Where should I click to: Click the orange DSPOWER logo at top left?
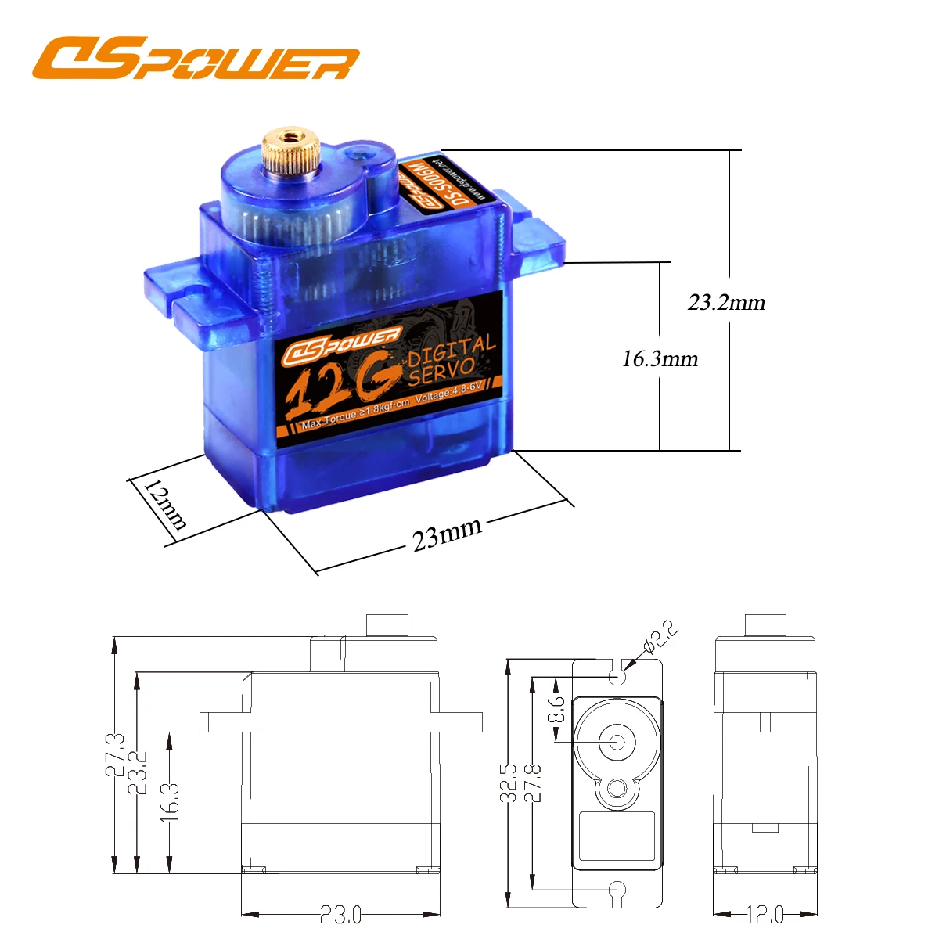click(x=196, y=59)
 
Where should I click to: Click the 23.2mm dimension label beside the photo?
click(x=726, y=302)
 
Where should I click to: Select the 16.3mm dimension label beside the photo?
click(x=660, y=358)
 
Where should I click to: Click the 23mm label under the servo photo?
click(x=447, y=534)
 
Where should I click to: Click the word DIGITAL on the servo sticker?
click(x=452, y=351)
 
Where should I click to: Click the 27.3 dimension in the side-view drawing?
click(x=115, y=754)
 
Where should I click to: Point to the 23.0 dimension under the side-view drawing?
click(x=340, y=914)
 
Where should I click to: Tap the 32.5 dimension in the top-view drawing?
click(x=509, y=782)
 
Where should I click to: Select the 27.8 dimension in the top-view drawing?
click(x=533, y=782)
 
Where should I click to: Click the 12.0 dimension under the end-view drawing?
click(x=765, y=914)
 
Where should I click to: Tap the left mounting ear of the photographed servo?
click(x=196, y=301)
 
